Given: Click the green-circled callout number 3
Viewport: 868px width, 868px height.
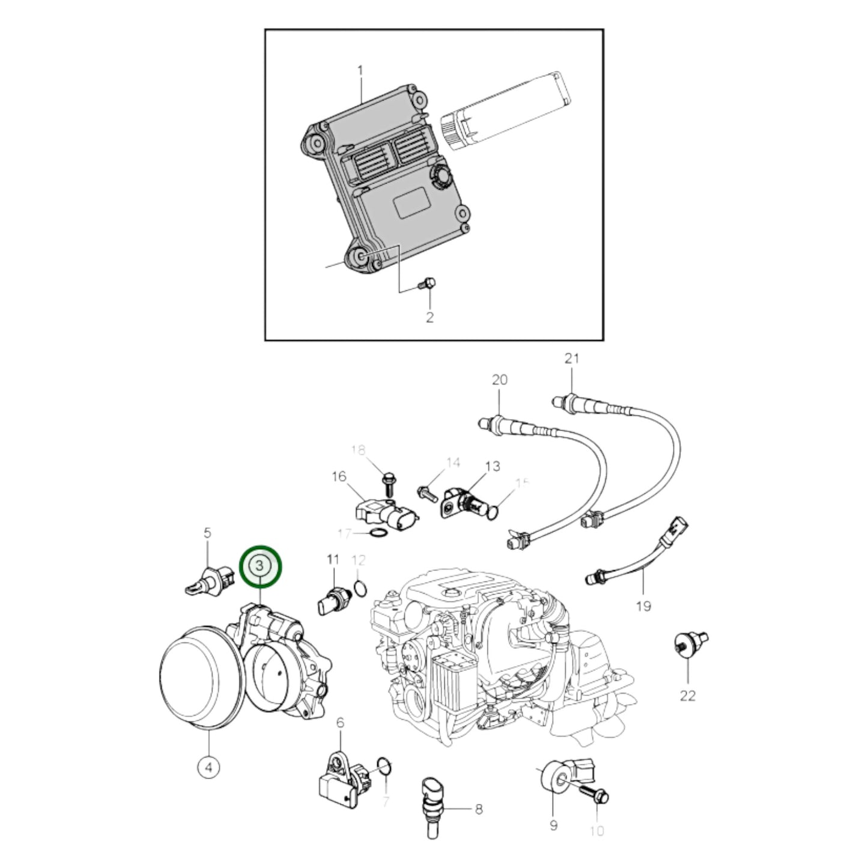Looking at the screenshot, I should [x=260, y=565].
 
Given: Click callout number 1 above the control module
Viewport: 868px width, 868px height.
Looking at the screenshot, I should [x=360, y=71].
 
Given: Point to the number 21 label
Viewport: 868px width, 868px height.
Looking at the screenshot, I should [x=572, y=359].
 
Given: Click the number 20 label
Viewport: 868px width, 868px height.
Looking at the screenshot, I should [x=499, y=380].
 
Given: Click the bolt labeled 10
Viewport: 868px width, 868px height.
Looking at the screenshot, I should [x=596, y=797].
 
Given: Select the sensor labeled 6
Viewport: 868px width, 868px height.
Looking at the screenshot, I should [x=341, y=778].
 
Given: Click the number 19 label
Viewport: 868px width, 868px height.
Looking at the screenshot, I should [x=643, y=606].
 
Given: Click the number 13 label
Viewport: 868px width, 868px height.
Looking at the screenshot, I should [x=492, y=466].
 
